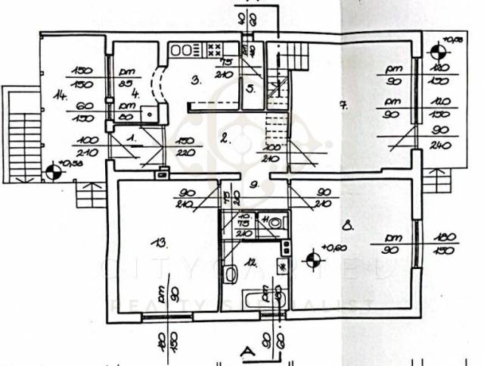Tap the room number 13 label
point(158,242)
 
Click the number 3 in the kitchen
point(195,80)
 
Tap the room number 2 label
point(225,137)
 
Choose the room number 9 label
point(255,183)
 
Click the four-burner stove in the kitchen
point(214,50)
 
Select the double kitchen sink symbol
point(181,50)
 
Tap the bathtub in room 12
point(262,298)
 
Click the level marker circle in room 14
point(54,172)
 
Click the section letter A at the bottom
point(246,351)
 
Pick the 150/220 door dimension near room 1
point(186,145)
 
